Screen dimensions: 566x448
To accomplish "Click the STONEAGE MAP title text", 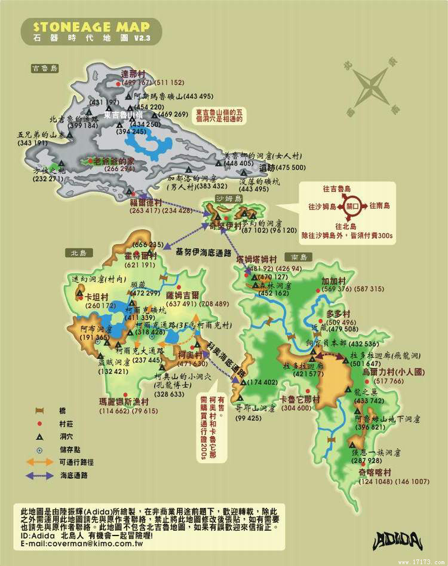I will [x=91, y=27].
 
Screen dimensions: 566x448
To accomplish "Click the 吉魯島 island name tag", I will [x=45, y=69].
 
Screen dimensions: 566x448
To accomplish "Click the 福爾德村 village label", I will [x=146, y=202].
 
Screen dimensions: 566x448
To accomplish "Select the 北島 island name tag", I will [x=78, y=253].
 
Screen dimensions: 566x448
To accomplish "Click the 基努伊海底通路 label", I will [x=203, y=253].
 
